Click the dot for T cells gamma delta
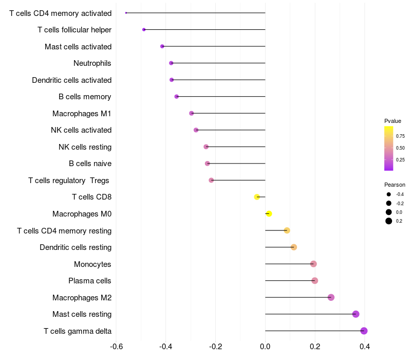pyautogui.click(x=364, y=331)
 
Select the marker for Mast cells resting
pyautogui.click(x=356, y=314)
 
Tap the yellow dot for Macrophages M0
pyautogui.click(x=269, y=214)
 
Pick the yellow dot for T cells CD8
pyautogui.click(x=257, y=197)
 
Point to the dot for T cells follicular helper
pyautogui.click(x=144, y=30)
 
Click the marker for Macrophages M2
pyautogui.click(x=331, y=297)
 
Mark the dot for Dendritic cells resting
pyautogui.click(x=294, y=247)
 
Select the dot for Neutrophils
pyautogui.click(x=171, y=63)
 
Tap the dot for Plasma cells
pyautogui.click(x=315, y=281)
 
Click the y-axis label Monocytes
pyautogui.click(x=92, y=264)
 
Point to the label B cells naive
pyautogui.click(x=90, y=164)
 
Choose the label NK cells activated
pyautogui.click(x=81, y=130)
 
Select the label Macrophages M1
pyautogui.click(x=82, y=113)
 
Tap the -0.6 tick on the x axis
pyautogui.click(x=116, y=346)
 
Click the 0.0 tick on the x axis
pyautogui.click(x=265, y=346)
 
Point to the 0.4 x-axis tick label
pyautogui.click(x=365, y=346)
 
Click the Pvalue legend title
pyautogui.click(x=393, y=121)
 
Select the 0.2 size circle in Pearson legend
pyautogui.click(x=389, y=221)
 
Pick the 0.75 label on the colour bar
pyautogui.click(x=400, y=136)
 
